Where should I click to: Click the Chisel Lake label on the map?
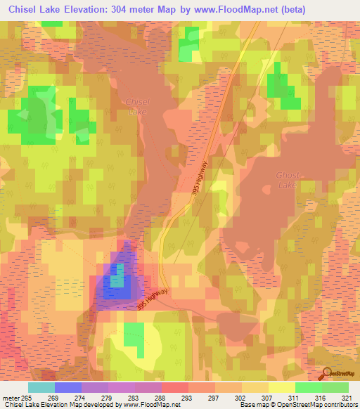[137, 106]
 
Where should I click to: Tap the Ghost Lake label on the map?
[287, 180]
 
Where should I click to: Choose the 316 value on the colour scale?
[321, 397]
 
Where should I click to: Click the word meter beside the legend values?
[10, 397]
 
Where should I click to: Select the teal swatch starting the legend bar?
[41, 387]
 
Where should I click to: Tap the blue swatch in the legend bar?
[68, 387]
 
